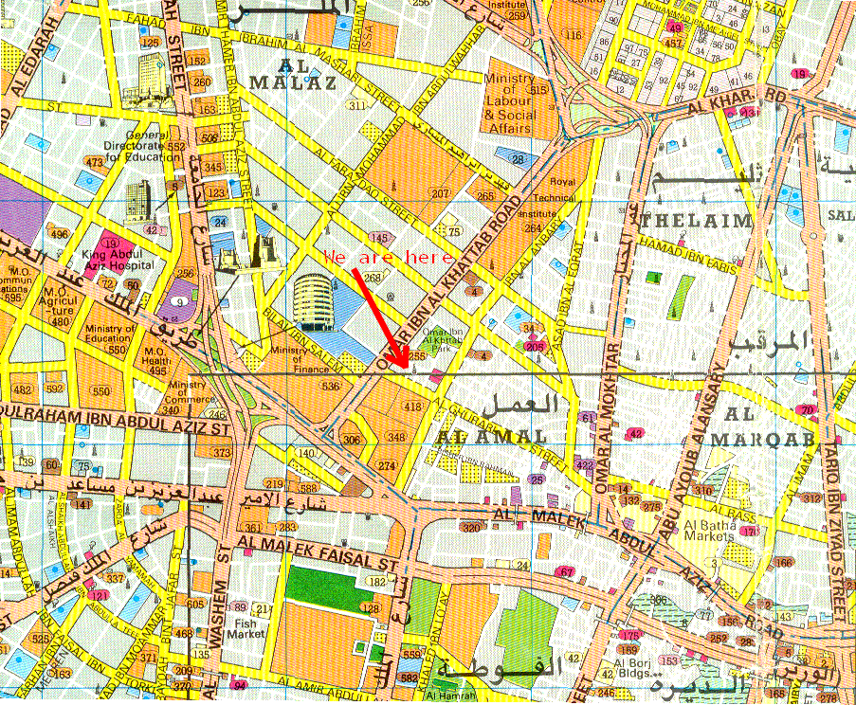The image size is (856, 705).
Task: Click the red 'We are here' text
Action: [389, 257]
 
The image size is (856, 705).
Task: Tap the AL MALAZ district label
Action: [293, 75]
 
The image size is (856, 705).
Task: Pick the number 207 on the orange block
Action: [440, 193]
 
